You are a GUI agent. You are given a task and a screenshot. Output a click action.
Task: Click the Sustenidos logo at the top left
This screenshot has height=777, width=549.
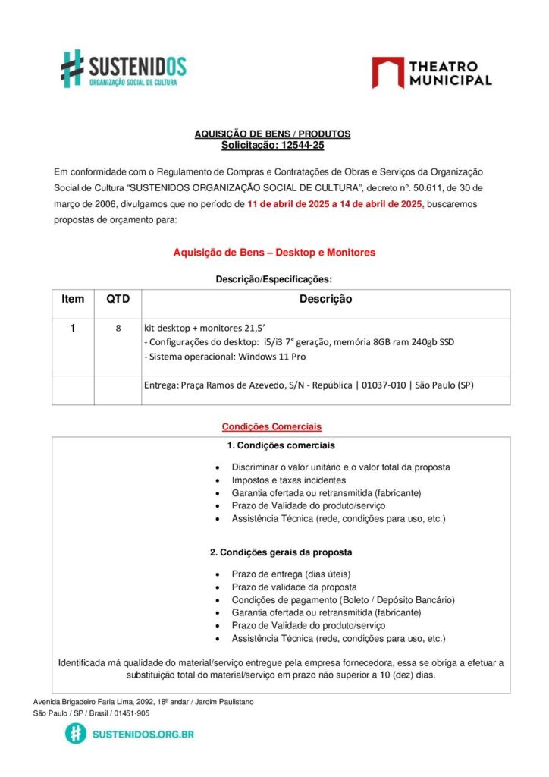point(124,68)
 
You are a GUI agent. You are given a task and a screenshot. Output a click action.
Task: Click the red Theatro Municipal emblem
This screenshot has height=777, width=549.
point(387,73)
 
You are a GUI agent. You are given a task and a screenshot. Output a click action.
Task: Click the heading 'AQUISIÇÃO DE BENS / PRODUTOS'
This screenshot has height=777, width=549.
point(272,134)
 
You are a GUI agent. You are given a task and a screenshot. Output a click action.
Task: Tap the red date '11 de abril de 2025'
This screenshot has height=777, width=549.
point(292,204)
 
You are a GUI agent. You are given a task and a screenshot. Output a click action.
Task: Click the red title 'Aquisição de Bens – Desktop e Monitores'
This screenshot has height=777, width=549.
point(274,252)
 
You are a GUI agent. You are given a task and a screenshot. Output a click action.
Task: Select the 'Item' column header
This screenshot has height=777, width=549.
point(73,299)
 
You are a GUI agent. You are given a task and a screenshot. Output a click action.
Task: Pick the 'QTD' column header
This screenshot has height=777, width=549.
point(118,299)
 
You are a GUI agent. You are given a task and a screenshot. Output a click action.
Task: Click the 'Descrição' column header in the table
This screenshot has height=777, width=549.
point(325,300)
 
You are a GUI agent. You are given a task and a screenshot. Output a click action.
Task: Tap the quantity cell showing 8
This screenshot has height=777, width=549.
point(118,329)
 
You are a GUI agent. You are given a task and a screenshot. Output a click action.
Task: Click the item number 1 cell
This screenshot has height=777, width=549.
point(73,329)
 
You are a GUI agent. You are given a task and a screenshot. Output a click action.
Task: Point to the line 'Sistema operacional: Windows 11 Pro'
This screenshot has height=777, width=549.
point(225,357)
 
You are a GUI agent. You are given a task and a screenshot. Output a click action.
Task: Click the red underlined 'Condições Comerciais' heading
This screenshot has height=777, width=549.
point(271,426)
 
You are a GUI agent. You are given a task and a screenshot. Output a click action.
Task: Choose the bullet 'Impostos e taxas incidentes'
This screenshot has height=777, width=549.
point(289,480)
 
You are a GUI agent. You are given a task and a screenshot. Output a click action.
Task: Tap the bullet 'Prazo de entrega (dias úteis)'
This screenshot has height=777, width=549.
point(291,574)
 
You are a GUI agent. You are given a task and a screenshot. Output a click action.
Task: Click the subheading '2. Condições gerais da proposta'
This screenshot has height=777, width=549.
point(281,552)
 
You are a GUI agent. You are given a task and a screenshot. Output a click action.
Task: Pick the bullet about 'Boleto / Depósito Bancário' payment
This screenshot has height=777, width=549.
point(343,599)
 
